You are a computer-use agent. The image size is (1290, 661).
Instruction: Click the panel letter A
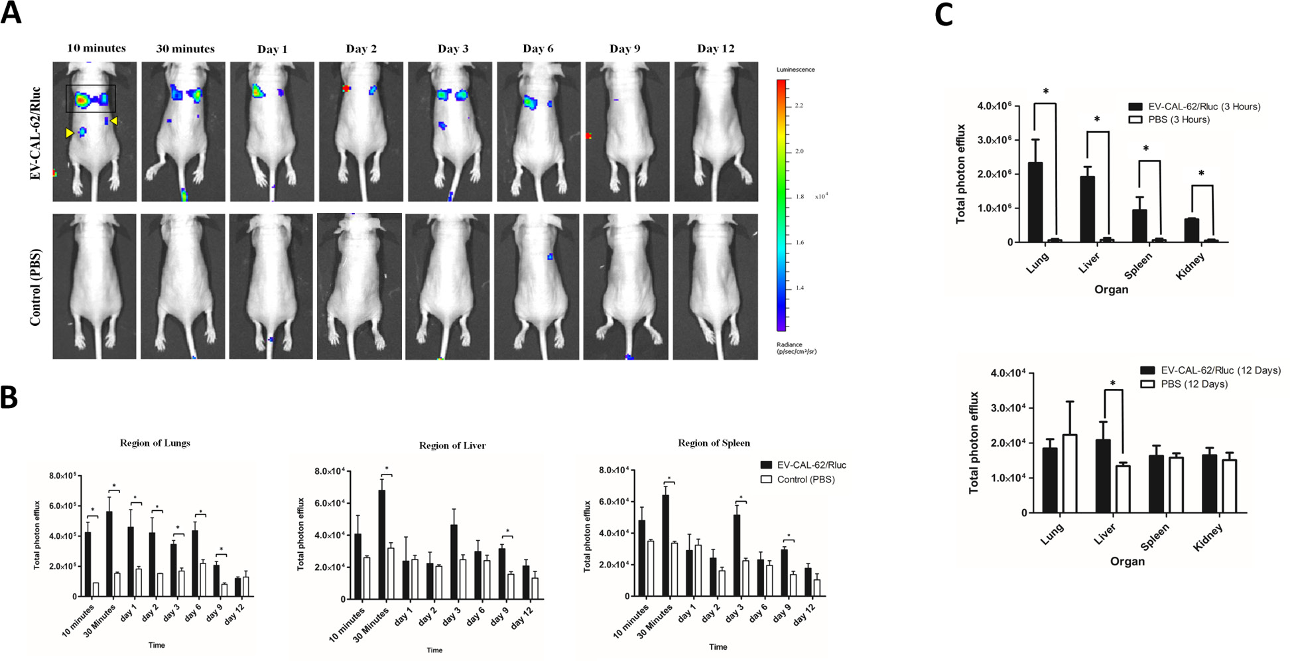pyautogui.click(x=11, y=13)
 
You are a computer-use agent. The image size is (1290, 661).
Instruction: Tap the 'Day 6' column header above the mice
pyautogui.click(x=538, y=48)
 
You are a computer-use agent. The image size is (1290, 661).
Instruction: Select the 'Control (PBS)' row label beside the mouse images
pyautogui.click(x=36, y=287)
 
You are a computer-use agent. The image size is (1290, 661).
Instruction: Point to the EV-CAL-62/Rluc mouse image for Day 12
pyautogui.click(x=716, y=131)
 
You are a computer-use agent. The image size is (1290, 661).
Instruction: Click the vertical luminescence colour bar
pyautogui.click(x=782, y=204)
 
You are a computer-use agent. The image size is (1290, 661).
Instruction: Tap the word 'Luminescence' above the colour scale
pyautogui.click(x=796, y=70)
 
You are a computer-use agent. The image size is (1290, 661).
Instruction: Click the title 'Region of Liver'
pyautogui.click(x=452, y=445)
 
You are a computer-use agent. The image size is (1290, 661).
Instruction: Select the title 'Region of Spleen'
pyautogui.click(x=714, y=443)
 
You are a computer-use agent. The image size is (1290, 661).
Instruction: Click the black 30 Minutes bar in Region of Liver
pyautogui.click(x=381, y=544)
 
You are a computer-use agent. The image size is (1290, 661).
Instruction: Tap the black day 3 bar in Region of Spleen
pyautogui.click(x=738, y=555)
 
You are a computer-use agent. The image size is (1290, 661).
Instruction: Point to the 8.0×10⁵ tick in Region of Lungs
pyautogui.click(x=63, y=476)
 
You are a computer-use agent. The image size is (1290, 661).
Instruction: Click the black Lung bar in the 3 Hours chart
pyautogui.click(x=1035, y=202)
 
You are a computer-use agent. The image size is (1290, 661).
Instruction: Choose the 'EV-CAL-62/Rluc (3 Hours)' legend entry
pyautogui.click(x=1194, y=106)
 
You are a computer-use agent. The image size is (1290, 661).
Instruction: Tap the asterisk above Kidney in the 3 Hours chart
pyautogui.click(x=1201, y=175)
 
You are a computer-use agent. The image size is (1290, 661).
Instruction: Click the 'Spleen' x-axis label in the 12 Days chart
pyautogui.click(x=1155, y=538)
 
